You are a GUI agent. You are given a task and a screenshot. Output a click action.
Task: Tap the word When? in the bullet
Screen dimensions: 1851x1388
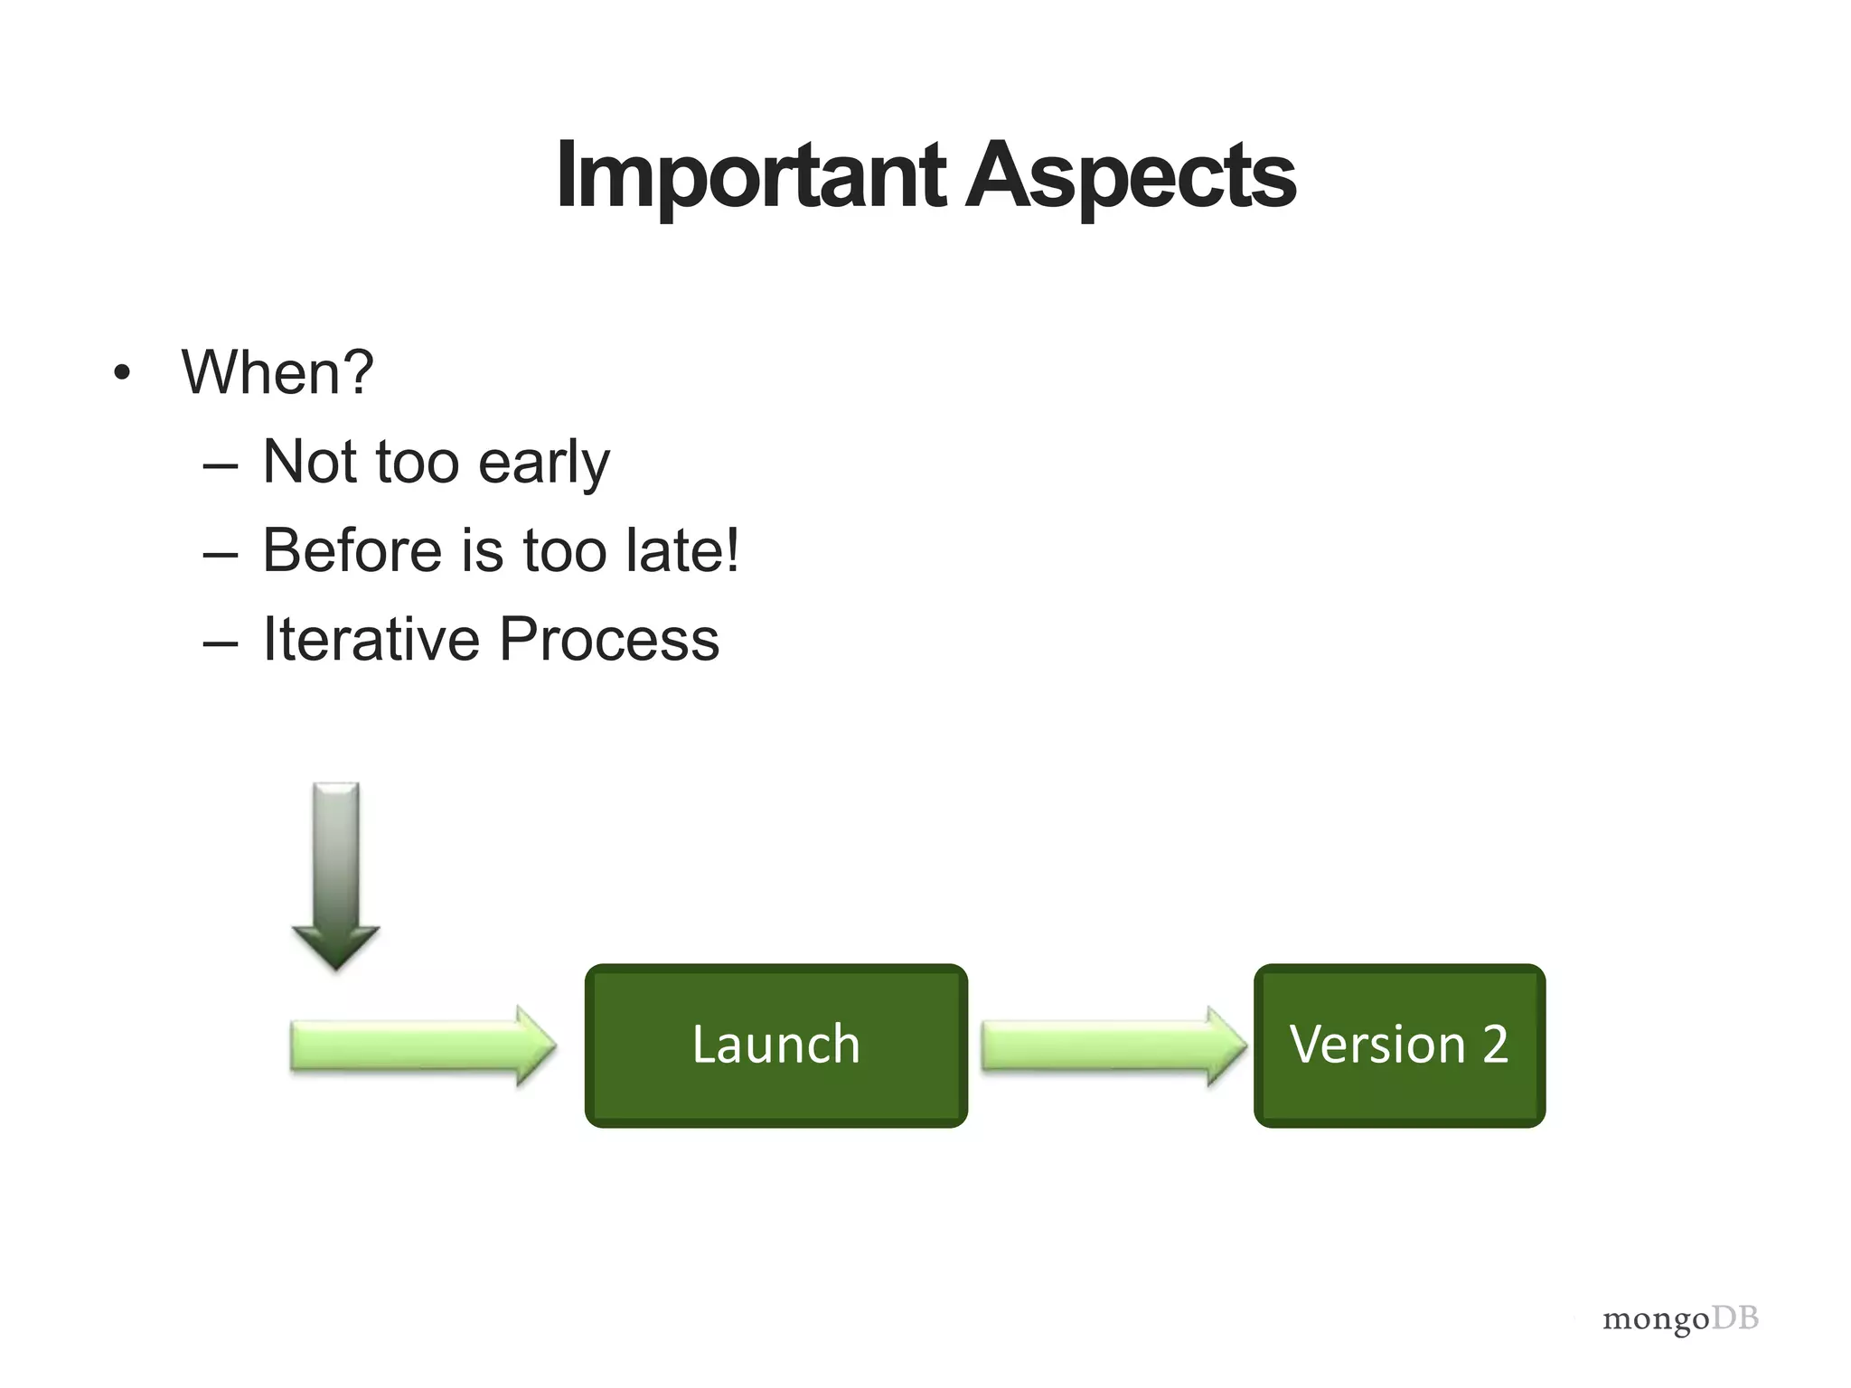click(x=277, y=372)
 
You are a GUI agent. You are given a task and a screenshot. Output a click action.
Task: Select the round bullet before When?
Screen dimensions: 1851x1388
click(x=122, y=373)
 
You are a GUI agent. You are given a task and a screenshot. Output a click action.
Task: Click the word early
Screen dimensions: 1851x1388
click(x=543, y=463)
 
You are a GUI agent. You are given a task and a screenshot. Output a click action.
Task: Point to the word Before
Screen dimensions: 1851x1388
click(x=352, y=550)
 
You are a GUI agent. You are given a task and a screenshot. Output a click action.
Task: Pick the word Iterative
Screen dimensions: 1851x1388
click(x=371, y=639)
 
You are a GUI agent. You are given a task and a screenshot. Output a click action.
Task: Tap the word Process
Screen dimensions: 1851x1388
click(x=608, y=639)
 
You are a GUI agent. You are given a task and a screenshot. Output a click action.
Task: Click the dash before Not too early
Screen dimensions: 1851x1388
click(x=221, y=466)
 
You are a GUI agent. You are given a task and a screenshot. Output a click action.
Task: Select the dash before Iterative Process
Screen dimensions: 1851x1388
click(x=221, y=643)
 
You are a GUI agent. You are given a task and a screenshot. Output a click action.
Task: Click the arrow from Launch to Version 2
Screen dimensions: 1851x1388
click(x=1113, y=1046)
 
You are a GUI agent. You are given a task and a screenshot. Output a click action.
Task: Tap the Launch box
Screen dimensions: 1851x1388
click(x=775, y=1046)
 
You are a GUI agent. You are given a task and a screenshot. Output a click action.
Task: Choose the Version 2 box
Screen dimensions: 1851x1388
click(x=1399, y=1046)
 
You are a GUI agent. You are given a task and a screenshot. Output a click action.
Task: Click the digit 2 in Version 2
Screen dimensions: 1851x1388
click(x=1495, y=1045)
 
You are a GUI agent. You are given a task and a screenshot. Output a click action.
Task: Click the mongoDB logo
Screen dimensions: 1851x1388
click(x=1680, y=1319)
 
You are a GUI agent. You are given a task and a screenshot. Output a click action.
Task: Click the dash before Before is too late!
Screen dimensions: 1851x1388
click(x=221, y=555)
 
